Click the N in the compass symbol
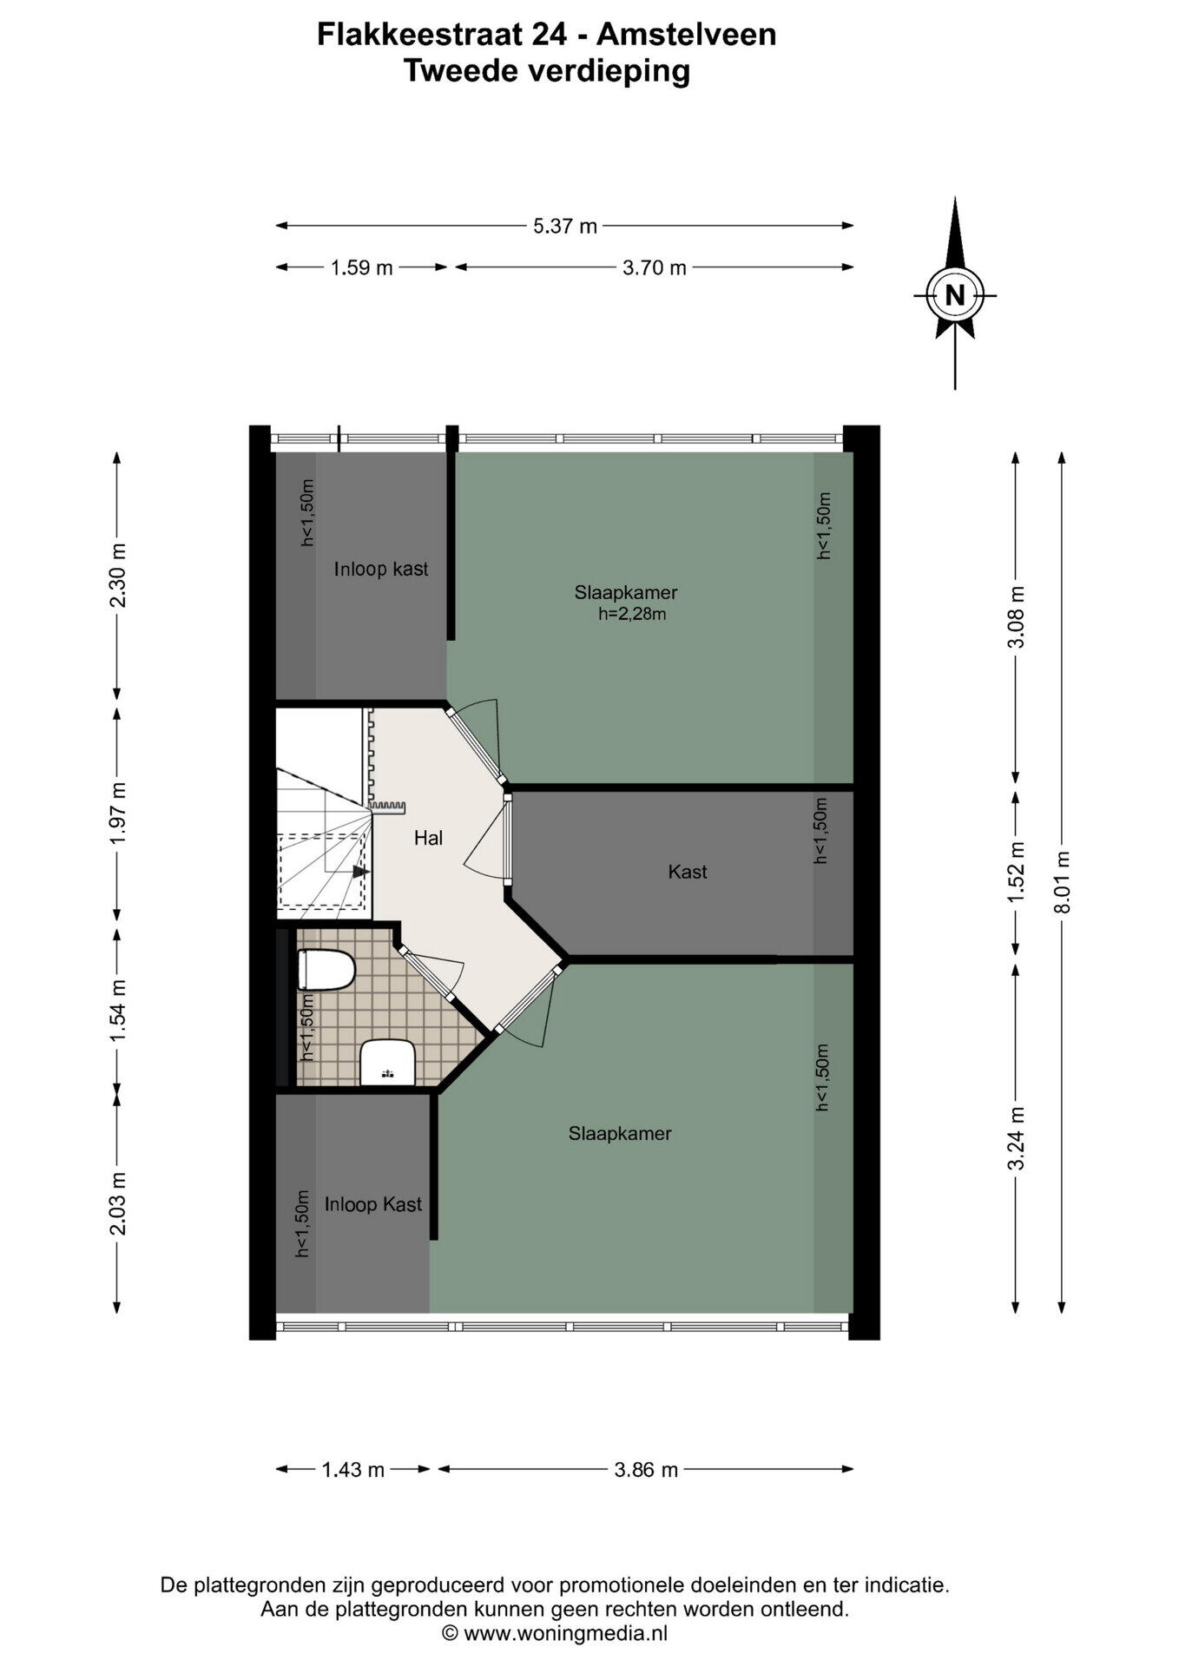pos(954,295)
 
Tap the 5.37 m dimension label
pos(565,227)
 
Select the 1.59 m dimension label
pos(362,268)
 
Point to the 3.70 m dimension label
pos(655,268)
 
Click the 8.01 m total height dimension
pos(1061,881)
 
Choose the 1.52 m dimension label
pos(1016,872)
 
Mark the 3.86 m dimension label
pos(646,1470)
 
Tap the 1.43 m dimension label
pos(353,1470)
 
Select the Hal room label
pos(429,838)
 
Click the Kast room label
pos(688,872)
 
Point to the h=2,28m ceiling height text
pos(632,615)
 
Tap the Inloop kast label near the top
pos(381,570)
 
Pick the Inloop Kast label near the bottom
pos(373,1204)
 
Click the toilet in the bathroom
pos(326,970)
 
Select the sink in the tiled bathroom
pos(387,1062)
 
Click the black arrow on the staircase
pos(360,872)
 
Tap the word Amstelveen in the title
pos(687,35)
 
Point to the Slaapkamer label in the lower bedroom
pos(620,1133)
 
